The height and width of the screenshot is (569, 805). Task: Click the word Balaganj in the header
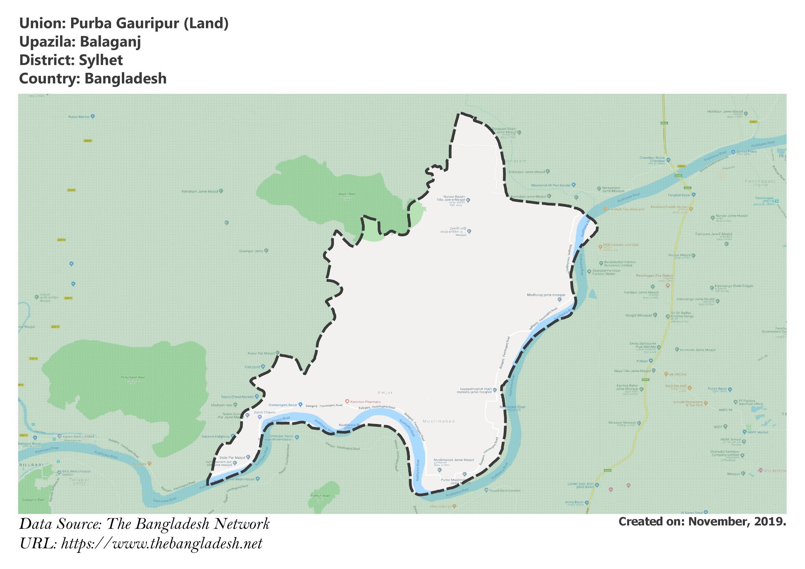[110, 42]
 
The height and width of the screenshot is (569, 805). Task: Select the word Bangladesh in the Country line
[125, 79]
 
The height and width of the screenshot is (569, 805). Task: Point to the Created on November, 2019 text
[702, 521]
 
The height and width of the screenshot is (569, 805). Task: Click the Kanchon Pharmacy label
[366, 402]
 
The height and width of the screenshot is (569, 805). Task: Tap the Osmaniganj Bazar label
[282, 404]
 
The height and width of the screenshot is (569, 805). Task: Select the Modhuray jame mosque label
[546, 295]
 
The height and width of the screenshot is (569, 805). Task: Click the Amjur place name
[385, 393]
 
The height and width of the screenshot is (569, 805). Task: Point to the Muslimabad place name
[439, 421]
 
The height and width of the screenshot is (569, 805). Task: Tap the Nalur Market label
[79, 117]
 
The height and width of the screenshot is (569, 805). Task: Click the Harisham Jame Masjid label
[199, 191]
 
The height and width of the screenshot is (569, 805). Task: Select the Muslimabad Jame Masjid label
[454, 460]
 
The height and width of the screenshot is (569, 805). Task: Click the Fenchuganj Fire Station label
[655, 275]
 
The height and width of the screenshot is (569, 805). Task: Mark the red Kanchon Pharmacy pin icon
[347, 401]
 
